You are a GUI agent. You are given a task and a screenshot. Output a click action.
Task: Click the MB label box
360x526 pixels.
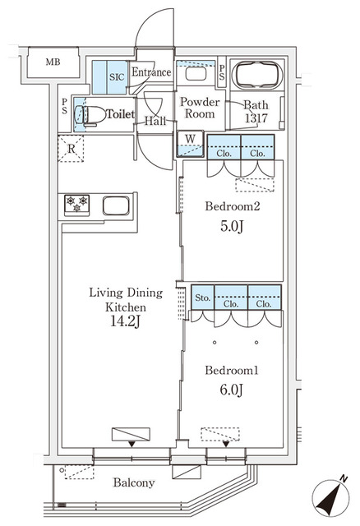point(52,62)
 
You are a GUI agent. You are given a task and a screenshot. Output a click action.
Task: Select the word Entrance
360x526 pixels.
point(154,72)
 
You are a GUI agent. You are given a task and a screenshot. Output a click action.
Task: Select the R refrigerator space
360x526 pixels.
point(72,149)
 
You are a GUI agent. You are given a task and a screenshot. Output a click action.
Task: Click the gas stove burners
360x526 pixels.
point(76,204)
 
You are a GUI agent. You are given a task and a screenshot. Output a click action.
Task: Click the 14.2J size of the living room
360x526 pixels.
point(126,322)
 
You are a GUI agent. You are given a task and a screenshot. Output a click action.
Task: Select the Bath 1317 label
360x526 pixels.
point(256,111)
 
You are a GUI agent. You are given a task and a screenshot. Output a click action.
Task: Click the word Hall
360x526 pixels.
point(155,122)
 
